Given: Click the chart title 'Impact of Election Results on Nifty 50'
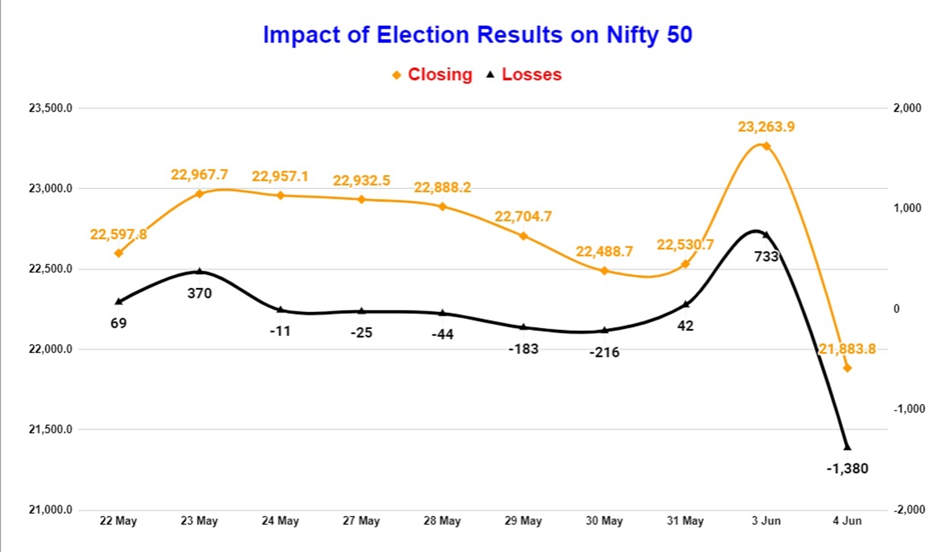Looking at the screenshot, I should click(x=477, y=35).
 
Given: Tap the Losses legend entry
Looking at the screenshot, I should click(x=524, y=75).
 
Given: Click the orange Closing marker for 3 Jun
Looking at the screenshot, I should click(x=766, y=146).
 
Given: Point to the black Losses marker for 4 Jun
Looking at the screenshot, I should click(x=847, y=447).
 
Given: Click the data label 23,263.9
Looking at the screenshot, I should click(x=766, y=126).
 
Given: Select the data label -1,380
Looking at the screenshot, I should click(x=847, y=469).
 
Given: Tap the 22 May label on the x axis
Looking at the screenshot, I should click(x=118, y=521).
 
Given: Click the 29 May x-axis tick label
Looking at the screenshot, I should click(x=523, y=521).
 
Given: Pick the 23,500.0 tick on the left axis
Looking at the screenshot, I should click(x=51, y=108).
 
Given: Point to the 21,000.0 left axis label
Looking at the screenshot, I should click(x=51, y=510).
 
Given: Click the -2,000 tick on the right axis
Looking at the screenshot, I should click(x=909, y=510).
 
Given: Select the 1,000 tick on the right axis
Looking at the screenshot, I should click(x=907, y=208).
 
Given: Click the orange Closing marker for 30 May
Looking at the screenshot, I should click(x=605, y=271).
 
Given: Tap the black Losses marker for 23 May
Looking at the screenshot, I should click(x=199, y=272).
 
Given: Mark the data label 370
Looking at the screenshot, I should click(x=199, y=293).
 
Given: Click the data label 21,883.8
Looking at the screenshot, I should click(x=847, y=349).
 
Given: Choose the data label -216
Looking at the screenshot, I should click(x=605, y=353).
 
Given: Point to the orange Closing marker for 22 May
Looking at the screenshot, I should click(x=119, y=253).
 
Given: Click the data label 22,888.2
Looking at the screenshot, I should click(x=442, y=188).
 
